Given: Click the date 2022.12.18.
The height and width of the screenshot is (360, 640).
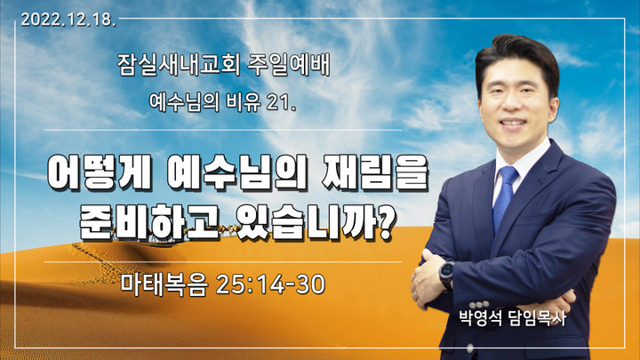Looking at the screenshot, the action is (x=68, y=20).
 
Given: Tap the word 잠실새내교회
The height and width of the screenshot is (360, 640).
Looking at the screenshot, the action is (x=179, y=65).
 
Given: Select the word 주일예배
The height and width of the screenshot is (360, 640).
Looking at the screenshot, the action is (x=289, y=65).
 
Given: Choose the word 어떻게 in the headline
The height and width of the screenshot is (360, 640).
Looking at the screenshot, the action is (x=100, y=172).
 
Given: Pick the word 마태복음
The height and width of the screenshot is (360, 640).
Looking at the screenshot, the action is (x=164, y=284).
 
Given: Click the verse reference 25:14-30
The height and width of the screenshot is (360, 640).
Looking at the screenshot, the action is (x=270, y=284).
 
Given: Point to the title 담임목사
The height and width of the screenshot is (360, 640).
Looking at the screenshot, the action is (x=537, y=318).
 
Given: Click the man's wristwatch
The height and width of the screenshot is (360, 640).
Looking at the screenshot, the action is (x=446, y=275).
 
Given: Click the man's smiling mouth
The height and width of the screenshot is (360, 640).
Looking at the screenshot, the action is (x=513, y=123).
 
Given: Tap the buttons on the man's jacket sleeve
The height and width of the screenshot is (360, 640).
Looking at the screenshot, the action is (x=479, y=305).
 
